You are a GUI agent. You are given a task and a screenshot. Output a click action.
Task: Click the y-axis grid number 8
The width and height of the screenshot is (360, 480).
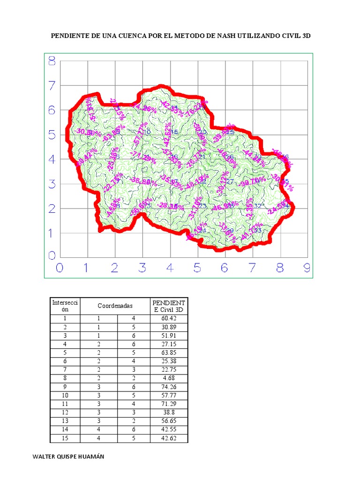tap(51, 61)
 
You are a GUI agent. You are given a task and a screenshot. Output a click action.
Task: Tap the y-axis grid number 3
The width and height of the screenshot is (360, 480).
tap(51, 184)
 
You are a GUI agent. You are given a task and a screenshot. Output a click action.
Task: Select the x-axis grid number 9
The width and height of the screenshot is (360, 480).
tap(307, 268)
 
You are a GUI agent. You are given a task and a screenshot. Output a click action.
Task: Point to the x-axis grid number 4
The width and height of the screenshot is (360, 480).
tap(169, 268)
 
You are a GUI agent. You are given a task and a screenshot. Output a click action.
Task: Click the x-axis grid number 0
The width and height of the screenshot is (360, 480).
tap(60, 268)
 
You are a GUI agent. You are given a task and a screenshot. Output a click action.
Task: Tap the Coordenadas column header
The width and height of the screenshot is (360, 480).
tap(115, 306)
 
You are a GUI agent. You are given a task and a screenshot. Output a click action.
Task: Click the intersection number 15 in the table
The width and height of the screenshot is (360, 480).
tap(66, 438)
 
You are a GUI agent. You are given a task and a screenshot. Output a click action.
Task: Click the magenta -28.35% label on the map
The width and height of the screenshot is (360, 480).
tap(171, 206)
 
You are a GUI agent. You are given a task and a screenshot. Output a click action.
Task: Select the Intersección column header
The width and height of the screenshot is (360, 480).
tap(66, 306)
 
